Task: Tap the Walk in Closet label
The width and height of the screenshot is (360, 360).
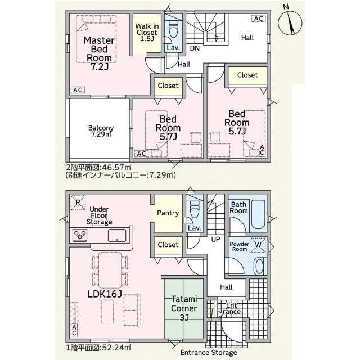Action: [x=147, y=33]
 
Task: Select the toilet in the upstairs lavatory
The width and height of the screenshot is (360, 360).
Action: [x=173, y=30]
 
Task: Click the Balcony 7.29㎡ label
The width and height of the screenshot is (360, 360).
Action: [x=101, y=131]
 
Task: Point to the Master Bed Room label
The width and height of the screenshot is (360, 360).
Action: [x=99, y=53]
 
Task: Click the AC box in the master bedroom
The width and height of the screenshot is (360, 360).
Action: [x=78, y=90]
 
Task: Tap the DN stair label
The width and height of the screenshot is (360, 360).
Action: [x=195, y=48]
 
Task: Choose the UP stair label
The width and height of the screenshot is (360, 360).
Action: [x=215, y=239]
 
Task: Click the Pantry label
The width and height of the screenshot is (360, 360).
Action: [x=168, y=213]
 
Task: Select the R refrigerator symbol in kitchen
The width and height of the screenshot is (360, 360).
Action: [x=78, y=202]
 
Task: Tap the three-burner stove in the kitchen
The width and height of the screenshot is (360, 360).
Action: [x=80, y=235]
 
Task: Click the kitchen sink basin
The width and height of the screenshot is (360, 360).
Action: [x=117, y=236]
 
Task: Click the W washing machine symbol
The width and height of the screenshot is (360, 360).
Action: [x=258, y=245]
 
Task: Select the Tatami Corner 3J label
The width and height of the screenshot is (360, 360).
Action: [x=184, y=308]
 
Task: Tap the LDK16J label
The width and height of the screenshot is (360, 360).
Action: [x=104, y=294]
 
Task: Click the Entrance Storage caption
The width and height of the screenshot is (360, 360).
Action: [x=209, y=353]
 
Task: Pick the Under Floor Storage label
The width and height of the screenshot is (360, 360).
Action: [x=99, y=215]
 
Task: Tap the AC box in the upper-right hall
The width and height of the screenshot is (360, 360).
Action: [x=259, y=19]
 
